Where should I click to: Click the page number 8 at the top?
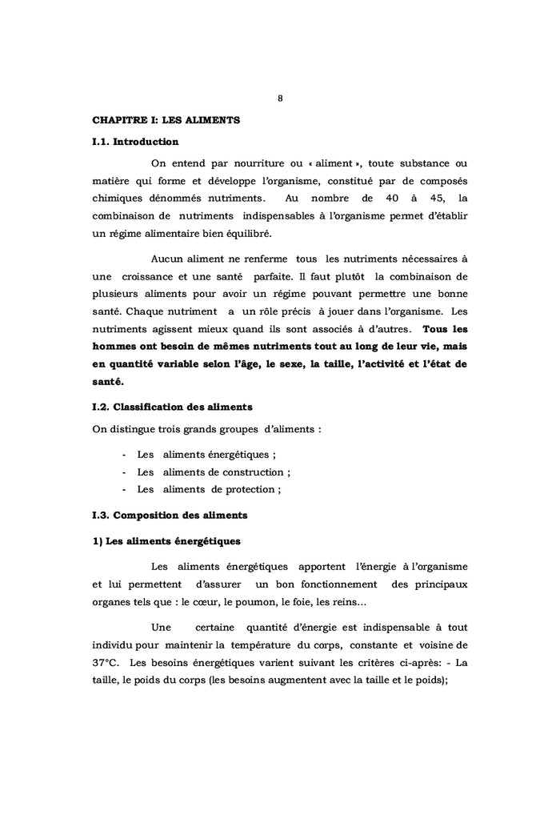pyautogui.click(x=280, y=99)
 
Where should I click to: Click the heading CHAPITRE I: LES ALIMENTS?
pyautogui.click(x=166, y=120)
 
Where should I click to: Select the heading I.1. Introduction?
pyautogui.click(x=135, y=142)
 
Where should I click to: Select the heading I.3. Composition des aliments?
pyautogui.click(x=170, y=514)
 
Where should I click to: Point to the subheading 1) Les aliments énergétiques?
pyautogui.click(x=166, y=540)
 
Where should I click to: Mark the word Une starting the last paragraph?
pyautogui.click(x=163, y=627)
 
